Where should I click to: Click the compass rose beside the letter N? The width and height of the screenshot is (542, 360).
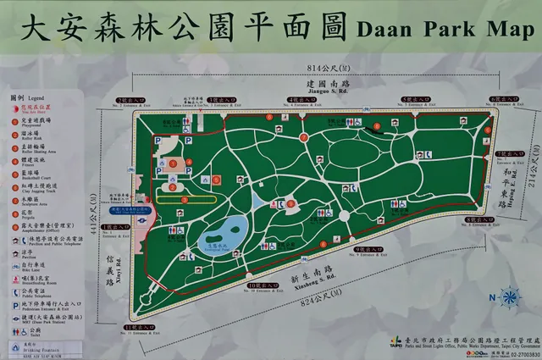click(x=509, y=297)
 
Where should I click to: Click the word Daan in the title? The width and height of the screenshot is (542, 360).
click(x=380, y=28)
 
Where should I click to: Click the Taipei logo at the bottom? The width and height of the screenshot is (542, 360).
click(x=397, y=344)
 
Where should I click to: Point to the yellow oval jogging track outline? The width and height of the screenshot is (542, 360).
click(x=179, y=199)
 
